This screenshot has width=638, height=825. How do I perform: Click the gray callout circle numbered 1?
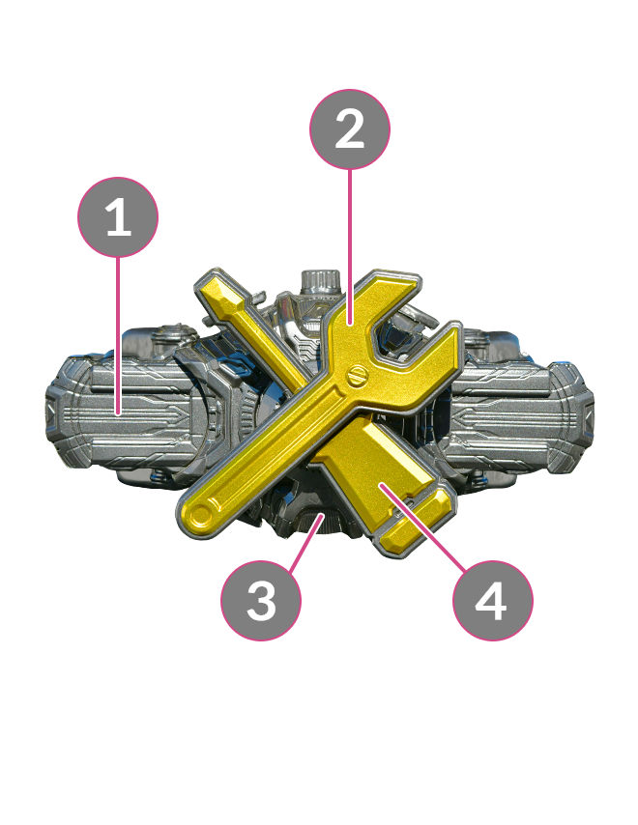point(118,217)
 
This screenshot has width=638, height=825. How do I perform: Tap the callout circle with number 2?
point(350,129)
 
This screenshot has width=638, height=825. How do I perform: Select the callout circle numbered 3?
point(261,600)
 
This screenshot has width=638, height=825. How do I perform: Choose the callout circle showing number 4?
point(493,600)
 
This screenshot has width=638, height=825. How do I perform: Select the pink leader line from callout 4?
point(423,527)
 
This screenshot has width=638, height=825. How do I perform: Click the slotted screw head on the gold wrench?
point(358,376)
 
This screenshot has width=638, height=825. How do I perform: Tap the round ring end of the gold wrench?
point(200,514)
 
